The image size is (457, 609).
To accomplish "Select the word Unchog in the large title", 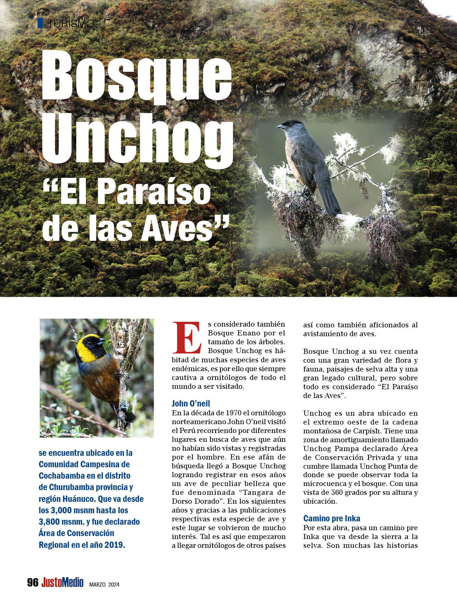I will coord(137,140).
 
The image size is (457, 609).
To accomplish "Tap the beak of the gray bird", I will coord(280,127).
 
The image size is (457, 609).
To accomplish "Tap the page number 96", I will coord(33,583).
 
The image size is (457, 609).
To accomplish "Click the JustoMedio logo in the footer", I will coord(62,583).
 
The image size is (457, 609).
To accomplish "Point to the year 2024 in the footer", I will coord(114,584).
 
